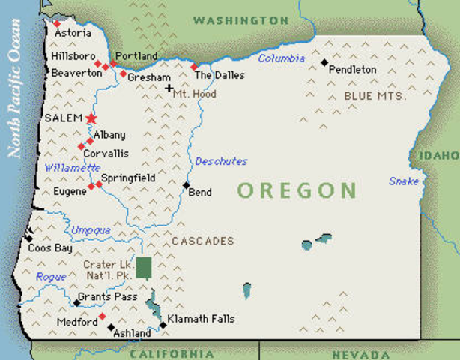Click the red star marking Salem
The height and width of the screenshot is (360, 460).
tap(91, 118)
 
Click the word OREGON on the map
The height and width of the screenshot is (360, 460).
tap(297, 190)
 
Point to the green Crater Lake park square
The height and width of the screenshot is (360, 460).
tap(143, 268)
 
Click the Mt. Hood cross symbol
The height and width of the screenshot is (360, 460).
tap(169, 88)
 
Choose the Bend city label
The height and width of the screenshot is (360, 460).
tap(200, 193)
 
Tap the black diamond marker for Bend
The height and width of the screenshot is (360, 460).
tap(186, 184)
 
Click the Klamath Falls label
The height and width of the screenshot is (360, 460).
tap(201, 319)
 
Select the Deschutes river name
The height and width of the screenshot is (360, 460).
tap(221, 161)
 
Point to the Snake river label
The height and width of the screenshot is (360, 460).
tap(403, 181)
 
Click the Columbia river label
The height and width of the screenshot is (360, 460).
tap(282, 58)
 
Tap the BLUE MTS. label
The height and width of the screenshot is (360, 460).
tap(375, 96)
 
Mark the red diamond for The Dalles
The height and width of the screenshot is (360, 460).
tap(194, 67)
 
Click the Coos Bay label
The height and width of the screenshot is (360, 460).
tap(49, 247)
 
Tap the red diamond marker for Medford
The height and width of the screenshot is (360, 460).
tap(103, 316)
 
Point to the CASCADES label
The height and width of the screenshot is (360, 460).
tap(202, 241)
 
